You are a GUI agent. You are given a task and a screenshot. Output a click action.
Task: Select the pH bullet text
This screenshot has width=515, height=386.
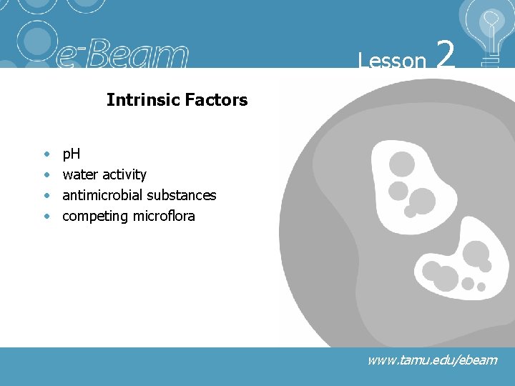72,154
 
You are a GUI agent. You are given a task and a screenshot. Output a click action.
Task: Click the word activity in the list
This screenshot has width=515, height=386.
124,175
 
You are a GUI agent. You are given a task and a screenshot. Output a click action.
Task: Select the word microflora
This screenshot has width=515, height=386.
164,216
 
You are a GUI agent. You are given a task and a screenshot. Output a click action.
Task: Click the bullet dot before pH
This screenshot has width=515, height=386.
46,154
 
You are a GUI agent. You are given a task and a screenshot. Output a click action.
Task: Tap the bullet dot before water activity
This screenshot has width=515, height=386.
46,175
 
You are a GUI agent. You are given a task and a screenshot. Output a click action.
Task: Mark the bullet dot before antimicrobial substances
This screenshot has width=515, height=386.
46,196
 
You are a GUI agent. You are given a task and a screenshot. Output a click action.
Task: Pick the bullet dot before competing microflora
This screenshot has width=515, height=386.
46,217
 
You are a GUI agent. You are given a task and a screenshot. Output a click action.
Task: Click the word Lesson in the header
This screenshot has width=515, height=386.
392,61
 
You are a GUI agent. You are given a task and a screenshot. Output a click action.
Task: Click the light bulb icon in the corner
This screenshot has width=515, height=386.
490,32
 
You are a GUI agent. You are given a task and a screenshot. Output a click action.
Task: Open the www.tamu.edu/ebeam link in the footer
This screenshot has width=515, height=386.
432,360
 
